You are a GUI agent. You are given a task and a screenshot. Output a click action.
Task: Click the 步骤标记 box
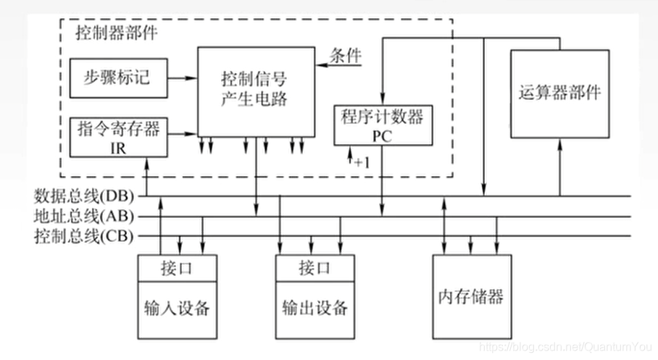(x=117, y=77)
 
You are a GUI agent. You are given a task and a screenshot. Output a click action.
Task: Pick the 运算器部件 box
(x=559, y=94)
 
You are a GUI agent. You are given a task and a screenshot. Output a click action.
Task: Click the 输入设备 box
(x=178, y=307)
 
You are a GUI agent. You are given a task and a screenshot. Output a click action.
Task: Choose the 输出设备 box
(x=315, y=307)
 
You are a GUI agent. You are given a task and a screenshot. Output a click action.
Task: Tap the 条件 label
(x=346, y=56)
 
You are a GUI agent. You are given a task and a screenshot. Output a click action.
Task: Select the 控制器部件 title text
(x=116, y=33)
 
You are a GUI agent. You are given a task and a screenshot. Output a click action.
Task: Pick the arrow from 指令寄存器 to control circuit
(x=182, y=134)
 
